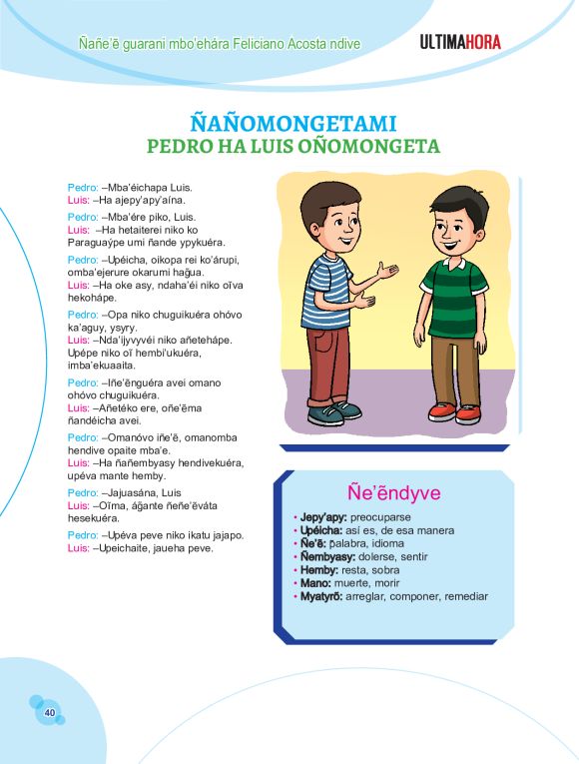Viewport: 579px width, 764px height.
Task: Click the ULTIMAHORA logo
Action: point(460,42)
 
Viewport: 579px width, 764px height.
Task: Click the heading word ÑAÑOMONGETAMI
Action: point(292,124)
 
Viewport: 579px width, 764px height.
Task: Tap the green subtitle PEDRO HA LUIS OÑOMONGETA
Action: point(292,147)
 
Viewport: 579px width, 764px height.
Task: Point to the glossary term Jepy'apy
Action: point(324,517)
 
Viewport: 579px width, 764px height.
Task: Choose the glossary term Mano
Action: point(319,582)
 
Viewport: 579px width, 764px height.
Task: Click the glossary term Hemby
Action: point(322,569)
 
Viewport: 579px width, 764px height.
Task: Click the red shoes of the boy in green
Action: point(454,411)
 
